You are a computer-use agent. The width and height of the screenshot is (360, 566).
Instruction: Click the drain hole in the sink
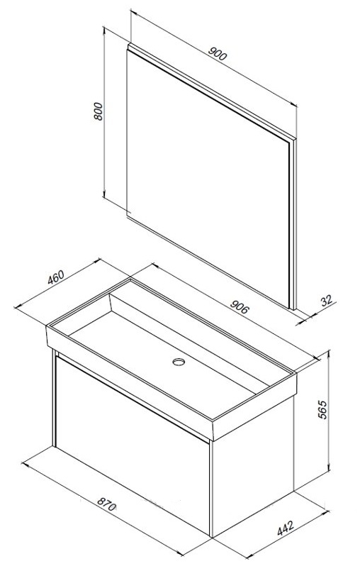tap(178, 364)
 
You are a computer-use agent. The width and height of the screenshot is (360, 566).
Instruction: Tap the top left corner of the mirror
tap(128, 45)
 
